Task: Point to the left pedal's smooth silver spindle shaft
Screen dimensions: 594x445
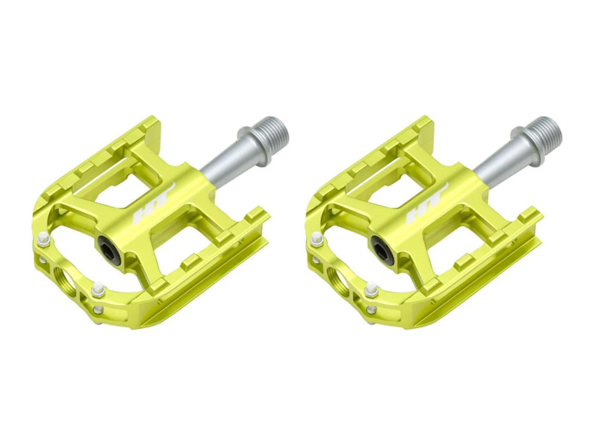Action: [221, 162]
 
